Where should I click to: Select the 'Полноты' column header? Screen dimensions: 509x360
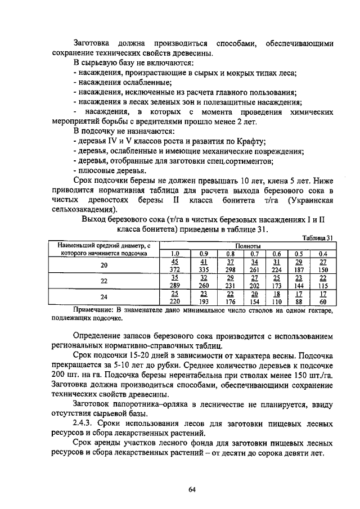click(x=247, y=246)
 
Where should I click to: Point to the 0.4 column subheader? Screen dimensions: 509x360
click(x=322, y=254)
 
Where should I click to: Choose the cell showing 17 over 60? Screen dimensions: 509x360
click(x=322, y=297)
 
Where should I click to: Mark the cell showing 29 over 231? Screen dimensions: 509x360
click(x=230, y=281)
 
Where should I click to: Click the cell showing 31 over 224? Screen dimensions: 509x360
click(x=276, y=265)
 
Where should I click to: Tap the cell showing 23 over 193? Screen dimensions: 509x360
click(x=204, y=297)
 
